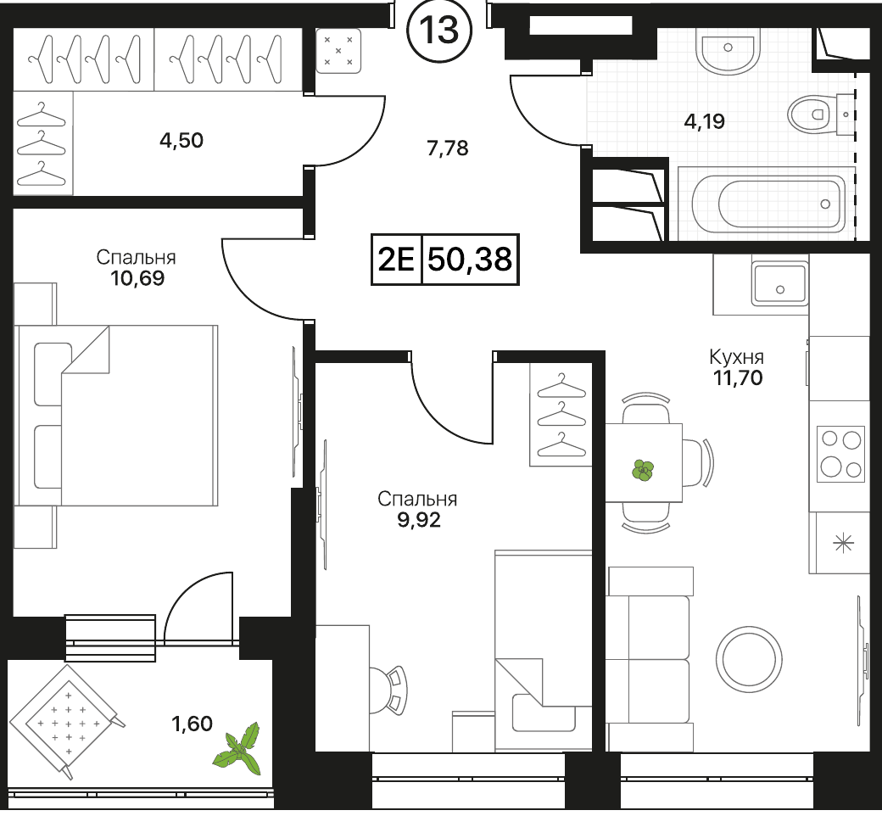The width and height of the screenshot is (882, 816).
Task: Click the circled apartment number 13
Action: click(x=439, y=30)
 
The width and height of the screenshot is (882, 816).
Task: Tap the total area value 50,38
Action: click(x=470, y=260)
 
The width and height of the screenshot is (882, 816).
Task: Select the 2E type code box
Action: click(x=397, y=260)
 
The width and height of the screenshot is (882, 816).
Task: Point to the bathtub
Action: click(x=768, y=204)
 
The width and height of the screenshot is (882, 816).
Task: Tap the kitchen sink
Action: click(x=779, y=285)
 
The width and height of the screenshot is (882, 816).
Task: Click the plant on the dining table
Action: click(x=644, y=470)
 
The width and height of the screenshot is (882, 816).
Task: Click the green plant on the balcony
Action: click(x=239, y=748)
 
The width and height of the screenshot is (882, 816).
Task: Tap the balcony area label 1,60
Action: click(x=192, y=724)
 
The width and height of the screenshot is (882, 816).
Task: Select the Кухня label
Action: click(x=736, y=357)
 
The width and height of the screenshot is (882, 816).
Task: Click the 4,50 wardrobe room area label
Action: click(x=181, y=140)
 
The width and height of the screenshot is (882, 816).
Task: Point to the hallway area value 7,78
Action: click(x=447, y=148)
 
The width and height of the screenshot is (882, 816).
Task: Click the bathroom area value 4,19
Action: click(x=704, y=121)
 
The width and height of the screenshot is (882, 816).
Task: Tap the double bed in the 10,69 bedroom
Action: click(x=116, y=416)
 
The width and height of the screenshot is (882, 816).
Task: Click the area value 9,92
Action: click(x=419, y=520)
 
